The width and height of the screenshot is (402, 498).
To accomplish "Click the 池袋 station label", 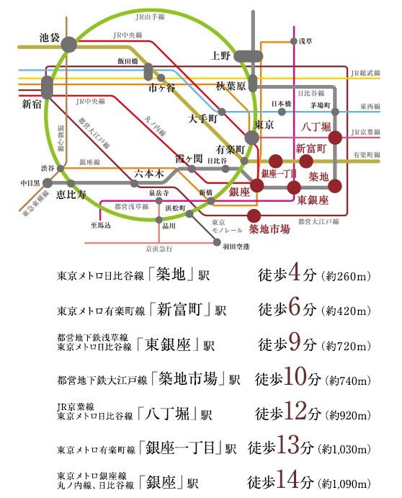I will [50, 37].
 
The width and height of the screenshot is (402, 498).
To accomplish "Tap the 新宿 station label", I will [32, 104].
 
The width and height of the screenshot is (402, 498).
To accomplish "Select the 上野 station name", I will [220, 55].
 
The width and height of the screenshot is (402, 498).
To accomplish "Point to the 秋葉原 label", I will [231, 86].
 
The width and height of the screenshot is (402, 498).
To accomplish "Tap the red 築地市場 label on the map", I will [269, 229].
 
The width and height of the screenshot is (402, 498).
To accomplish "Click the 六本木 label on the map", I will [150, 174].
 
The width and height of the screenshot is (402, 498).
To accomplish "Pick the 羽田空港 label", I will [236, 246].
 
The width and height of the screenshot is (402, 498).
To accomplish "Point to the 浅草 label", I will [306, 41].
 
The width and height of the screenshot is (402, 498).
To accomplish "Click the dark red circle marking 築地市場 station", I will [254, 215].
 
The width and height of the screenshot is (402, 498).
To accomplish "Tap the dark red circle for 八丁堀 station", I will [335, 137].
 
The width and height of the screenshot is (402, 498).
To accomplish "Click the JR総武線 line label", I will [365, 74].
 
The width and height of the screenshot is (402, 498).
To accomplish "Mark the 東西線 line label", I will [372, 105].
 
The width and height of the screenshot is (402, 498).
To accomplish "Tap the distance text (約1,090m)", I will [344, 481].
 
